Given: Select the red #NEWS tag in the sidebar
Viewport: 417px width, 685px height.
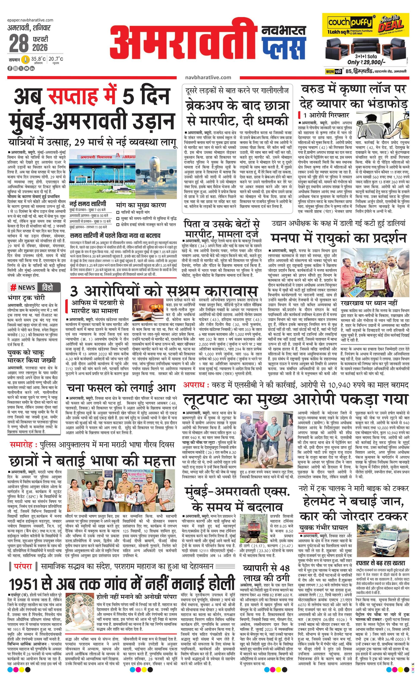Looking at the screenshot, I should [22, 287].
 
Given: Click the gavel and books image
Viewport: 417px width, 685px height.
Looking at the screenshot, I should [148, 311].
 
